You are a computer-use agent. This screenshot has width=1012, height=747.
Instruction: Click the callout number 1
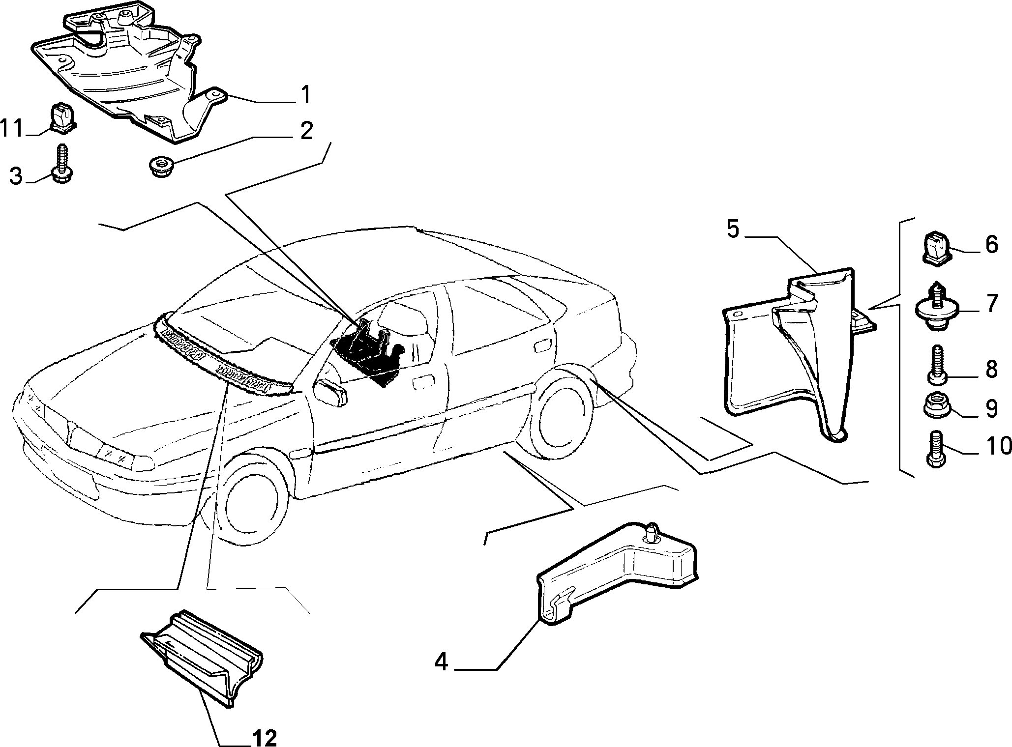(305, 94)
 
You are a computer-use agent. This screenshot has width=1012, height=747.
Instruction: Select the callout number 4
(441, 663)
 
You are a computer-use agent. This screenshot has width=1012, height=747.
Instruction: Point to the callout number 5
(733, 229)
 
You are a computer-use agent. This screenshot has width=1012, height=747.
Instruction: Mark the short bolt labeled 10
(935, 449)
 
